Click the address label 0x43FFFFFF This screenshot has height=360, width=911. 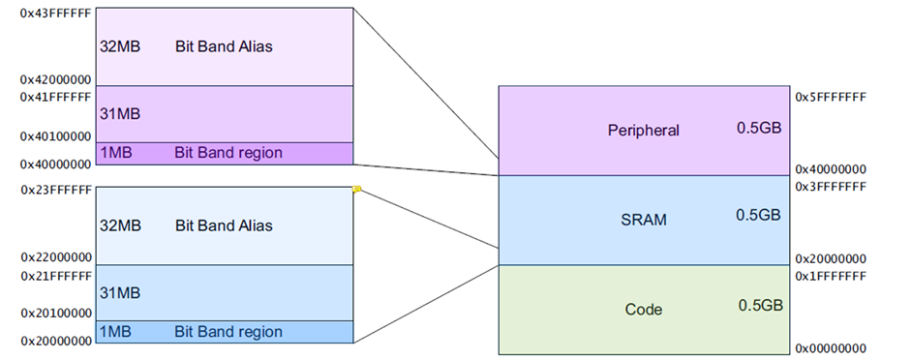pyautogui.click(x=55, y=15)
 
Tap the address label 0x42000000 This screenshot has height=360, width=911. pyautogui.click(x=55, y=80)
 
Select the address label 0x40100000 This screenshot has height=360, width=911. pyautogui.click(x=55, y=136)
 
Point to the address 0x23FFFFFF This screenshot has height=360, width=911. pyautogui.click(x=55, y=191)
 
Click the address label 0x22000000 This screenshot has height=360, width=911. pyautogui.click(x=55, y=258)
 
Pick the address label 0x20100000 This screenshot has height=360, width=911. pyautogui.click(x=55, y=314)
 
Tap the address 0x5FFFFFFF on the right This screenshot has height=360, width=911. pyautogui.click(x=830, y=98)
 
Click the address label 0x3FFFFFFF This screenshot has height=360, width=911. pyautogui.click(x=830, y=186)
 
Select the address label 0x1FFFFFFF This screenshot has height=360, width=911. pyautogui.click(x=830, y=275)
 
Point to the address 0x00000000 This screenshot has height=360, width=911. pyautogui.click(x=830, y=347)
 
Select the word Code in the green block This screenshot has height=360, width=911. pyautogui.click(x=644, y=310)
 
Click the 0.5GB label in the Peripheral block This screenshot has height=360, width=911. pyautogui.click(x=758, y=128)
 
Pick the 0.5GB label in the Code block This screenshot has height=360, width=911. pyautogui.click(x=758, y=305)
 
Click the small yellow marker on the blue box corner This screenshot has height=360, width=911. pyautogui.click(x=356, y=190)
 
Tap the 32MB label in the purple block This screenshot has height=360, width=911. pyautogui.click(x=121, y=45)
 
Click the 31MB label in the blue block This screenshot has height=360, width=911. pyautogui.click(x=121, y=291)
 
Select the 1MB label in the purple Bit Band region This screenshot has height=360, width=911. pyautogui.click(x=116, y=153)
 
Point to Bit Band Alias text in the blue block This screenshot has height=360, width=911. pyautogui.click(x=224, y=225)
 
